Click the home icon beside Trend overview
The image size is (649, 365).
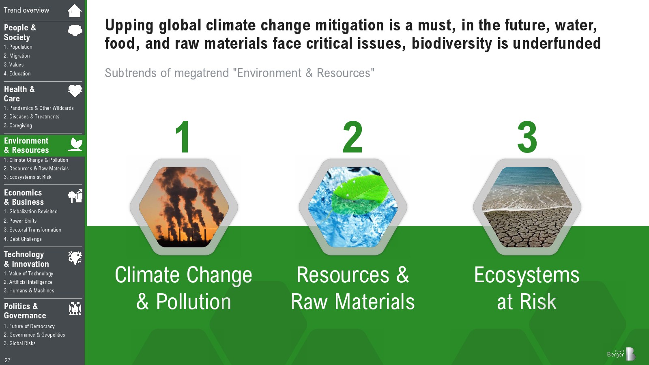pos(75,11)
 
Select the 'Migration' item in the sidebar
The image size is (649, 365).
pos(17,56)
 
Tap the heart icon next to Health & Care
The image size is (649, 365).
pos(75,91)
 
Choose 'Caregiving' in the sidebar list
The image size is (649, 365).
pos(18,125)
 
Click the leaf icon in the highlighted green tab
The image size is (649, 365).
pos(75,144)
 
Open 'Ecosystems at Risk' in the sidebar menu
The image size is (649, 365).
pos(28,177)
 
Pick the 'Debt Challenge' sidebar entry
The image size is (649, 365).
pos(23,239)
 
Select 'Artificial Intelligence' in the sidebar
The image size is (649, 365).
pos(28,282)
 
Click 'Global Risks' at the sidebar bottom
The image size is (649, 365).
pos(19,343)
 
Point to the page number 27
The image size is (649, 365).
pos(8,360)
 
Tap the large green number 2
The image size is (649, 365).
pos(352,137)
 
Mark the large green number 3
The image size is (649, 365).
pos(527,137)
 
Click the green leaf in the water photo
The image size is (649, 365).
pos(359,193)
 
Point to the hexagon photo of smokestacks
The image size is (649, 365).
pos(184,207)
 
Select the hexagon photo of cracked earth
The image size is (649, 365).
pos(527,207)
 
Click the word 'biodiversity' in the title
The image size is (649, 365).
pos(452,43)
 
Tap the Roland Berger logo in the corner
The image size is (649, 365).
pos(621,354)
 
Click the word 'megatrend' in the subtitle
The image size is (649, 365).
pos(202,73)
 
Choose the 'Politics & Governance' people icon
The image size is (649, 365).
pos(75,309)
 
